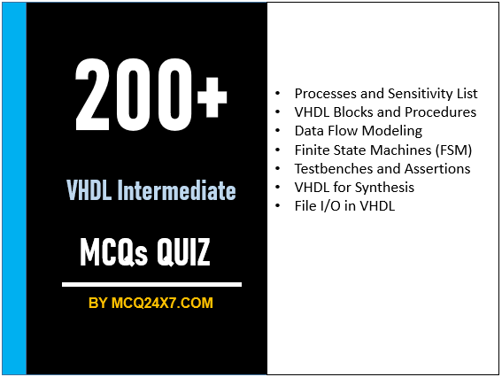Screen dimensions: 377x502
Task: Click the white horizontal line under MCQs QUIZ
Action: point(151,285)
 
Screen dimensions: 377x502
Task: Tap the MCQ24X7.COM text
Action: point(162,304)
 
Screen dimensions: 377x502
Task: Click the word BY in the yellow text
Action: point(98,304)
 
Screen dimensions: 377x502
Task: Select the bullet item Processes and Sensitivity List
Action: point(386,93)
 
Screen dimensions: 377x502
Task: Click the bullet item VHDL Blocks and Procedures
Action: point(385,112)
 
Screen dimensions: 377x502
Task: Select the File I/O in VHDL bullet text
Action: point(345,205)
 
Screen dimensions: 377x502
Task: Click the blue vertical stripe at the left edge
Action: point(14,188)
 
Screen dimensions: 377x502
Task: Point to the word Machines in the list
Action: point(393,150)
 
